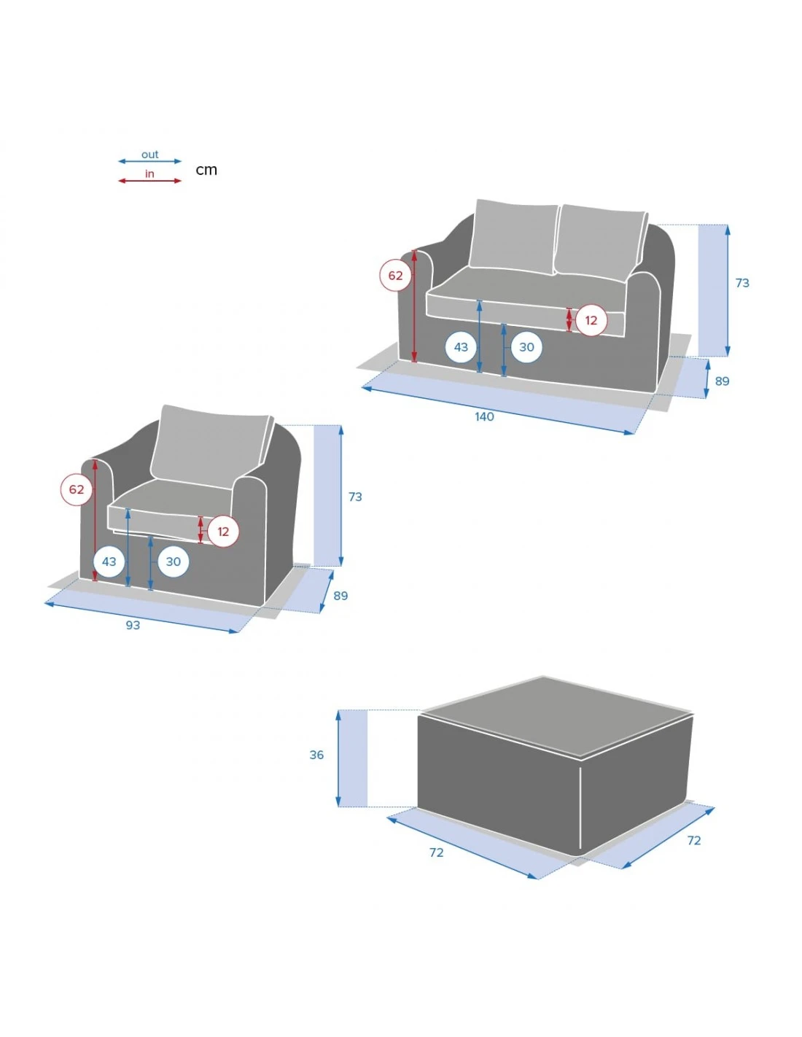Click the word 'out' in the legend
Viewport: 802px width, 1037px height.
pos(149,155)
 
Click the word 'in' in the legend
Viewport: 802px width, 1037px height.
pos(149,174)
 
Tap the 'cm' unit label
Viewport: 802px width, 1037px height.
pos(206,170)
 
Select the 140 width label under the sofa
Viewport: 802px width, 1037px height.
pos(484,416)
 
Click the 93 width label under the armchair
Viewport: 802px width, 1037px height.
pos(133,625)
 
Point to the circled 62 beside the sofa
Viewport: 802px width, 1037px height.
pos(395,276)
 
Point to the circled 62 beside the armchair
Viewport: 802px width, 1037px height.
pos(77,489)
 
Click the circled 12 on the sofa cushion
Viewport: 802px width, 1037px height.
pos(591,320)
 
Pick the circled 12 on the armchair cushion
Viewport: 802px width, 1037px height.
pos(223,532)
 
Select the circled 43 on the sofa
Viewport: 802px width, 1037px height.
pos(461,347)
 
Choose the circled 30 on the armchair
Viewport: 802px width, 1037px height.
pos(174,562)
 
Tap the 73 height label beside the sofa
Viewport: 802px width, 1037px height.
pos(742,283)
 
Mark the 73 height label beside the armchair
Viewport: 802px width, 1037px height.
pos(355,497)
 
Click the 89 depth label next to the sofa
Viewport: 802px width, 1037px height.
pos(722,381)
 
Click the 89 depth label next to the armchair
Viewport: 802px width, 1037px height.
pos(340,596)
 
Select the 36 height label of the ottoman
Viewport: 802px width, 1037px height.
pos(316,755)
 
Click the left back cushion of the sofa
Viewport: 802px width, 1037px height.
pos(513,235)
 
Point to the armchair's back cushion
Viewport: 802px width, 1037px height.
pos(211,446)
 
